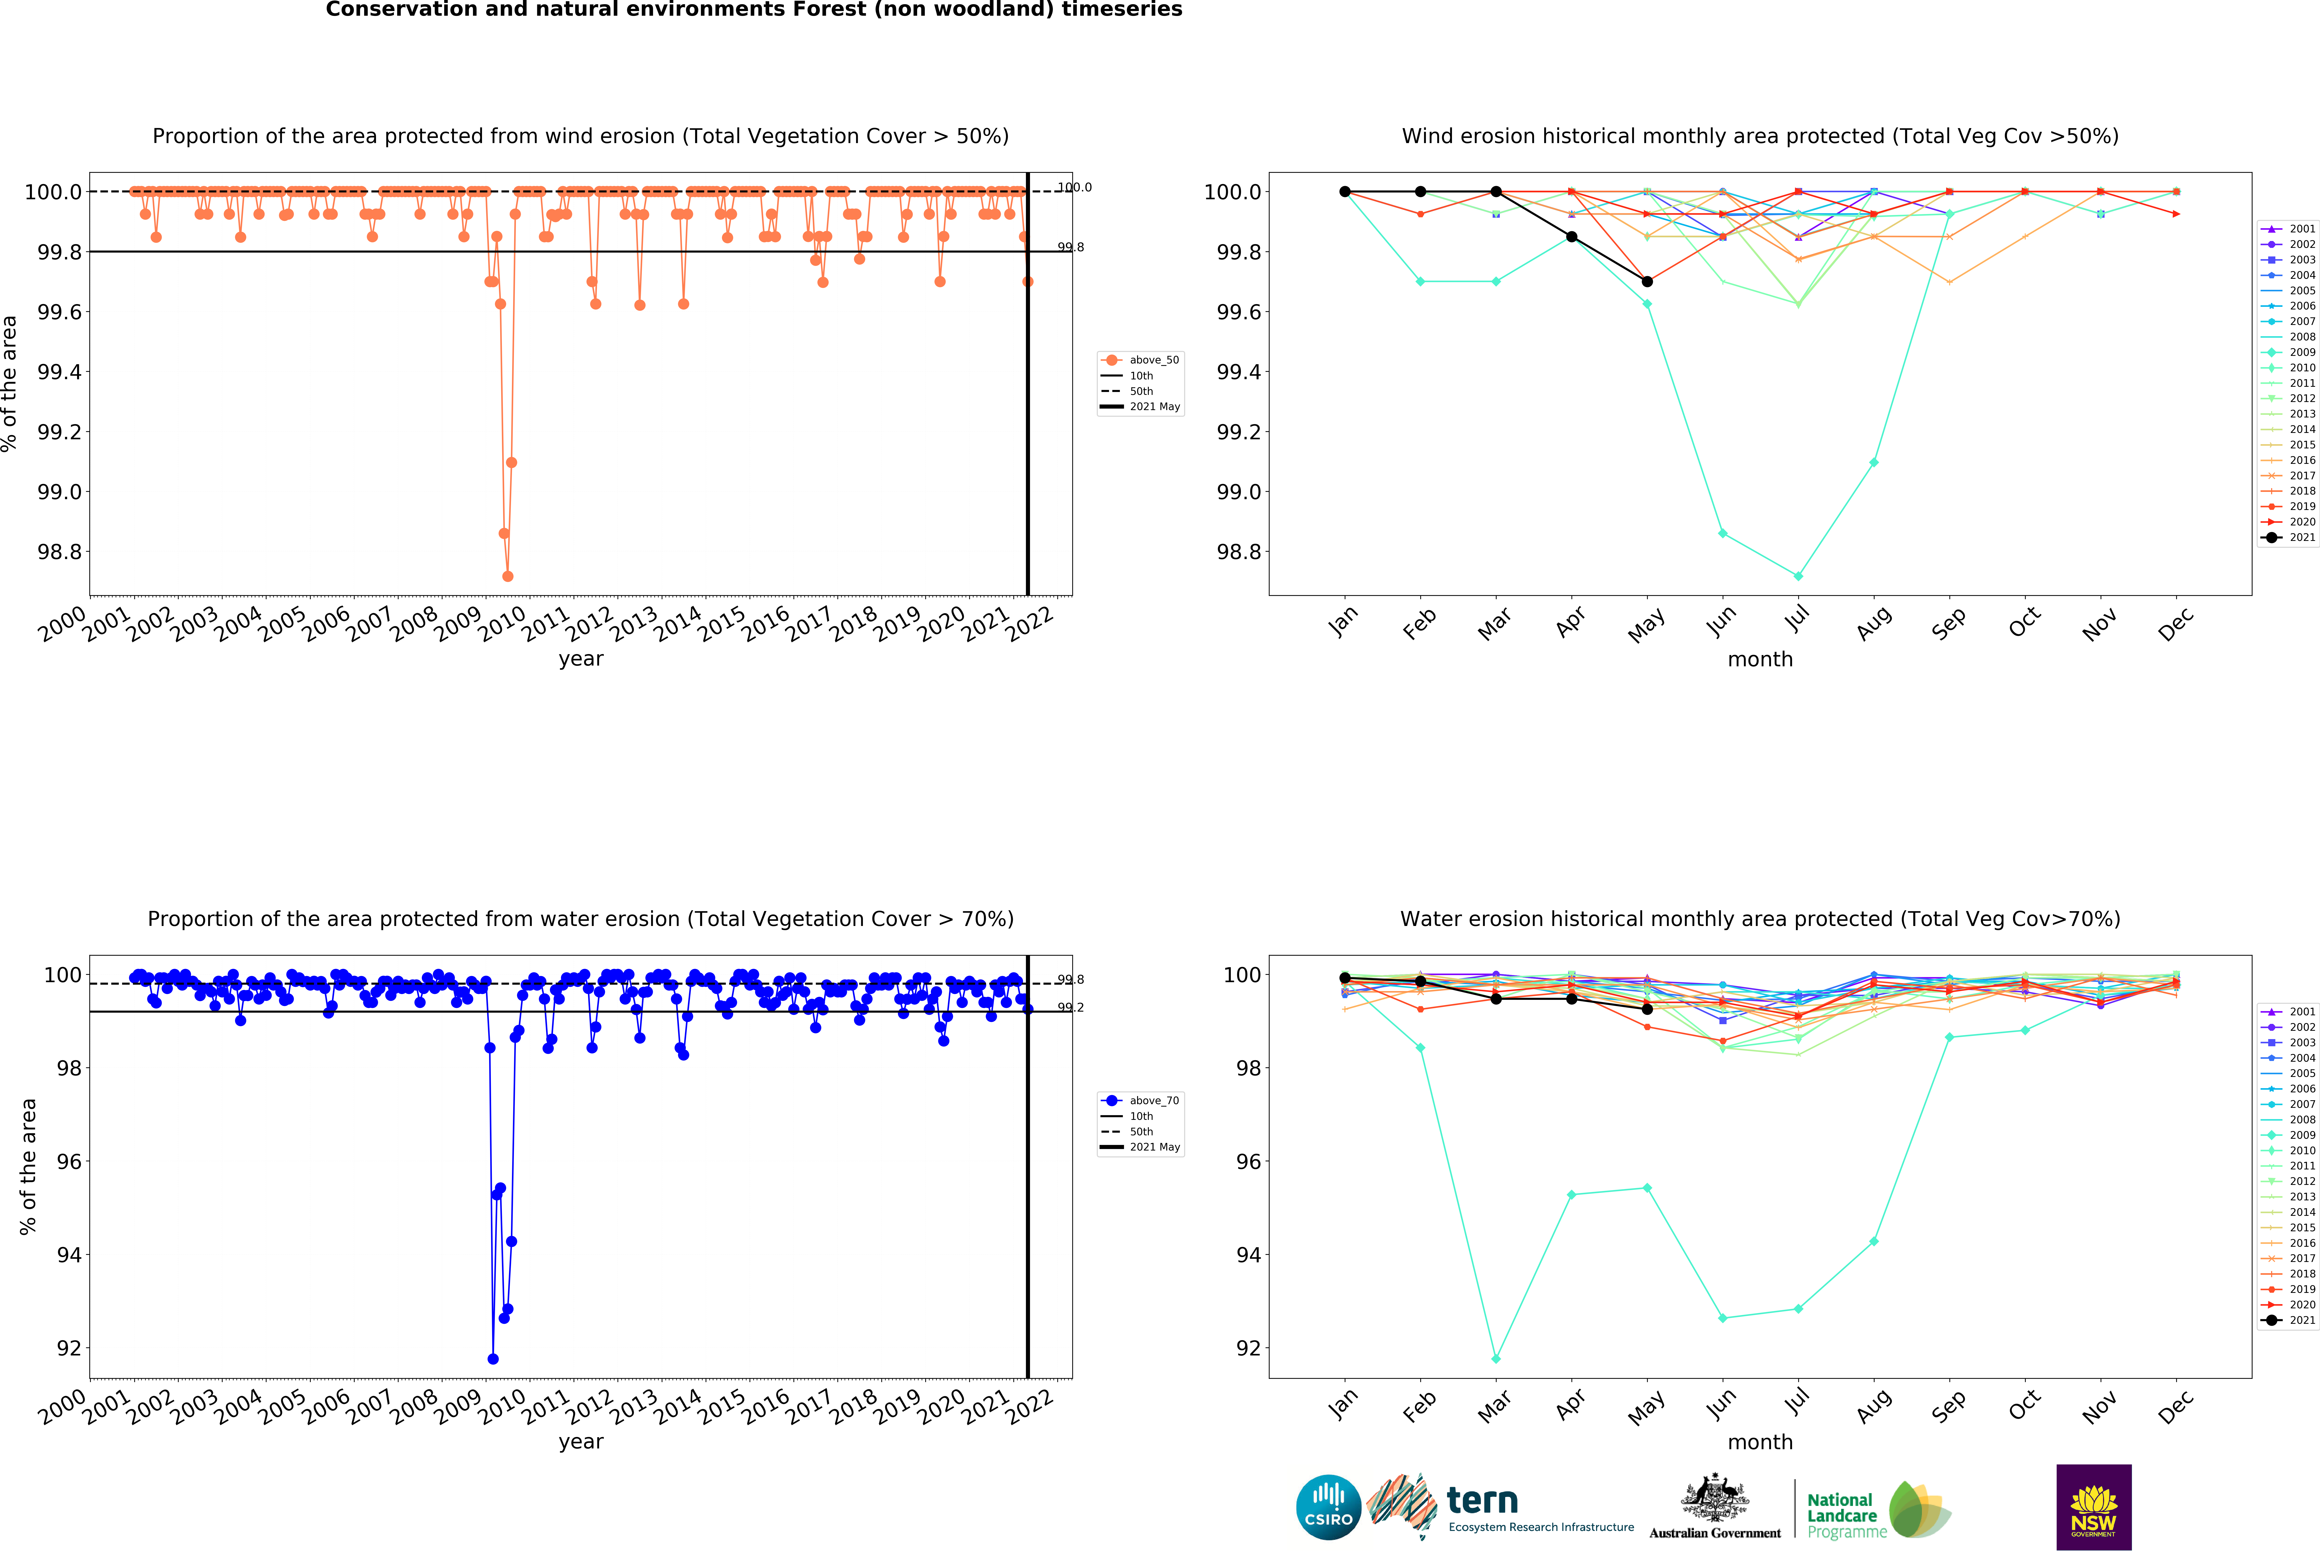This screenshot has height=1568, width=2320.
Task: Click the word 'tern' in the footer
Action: coord(1482,1500)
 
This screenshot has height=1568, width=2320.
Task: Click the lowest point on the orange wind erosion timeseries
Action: coord(507,576)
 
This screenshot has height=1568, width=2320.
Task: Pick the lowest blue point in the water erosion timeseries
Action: coord(492,1358)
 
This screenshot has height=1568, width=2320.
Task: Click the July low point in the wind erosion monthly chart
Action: coord(1798,576)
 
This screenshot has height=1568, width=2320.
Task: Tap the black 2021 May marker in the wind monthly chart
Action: coord(1647,281)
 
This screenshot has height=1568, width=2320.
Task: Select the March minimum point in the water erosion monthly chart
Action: coord(1495,1358)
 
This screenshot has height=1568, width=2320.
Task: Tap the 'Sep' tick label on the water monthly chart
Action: coord(1948,1405)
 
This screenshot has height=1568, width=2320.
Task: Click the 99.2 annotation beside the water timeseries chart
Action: coord(1070,1007)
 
